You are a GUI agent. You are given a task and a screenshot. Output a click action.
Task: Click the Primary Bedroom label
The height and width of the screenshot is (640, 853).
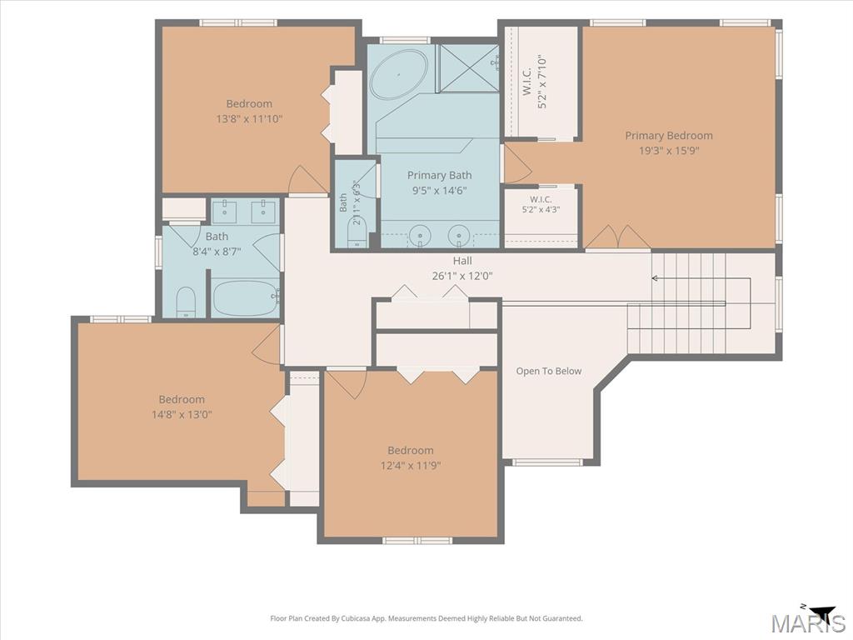[x=669, y=136]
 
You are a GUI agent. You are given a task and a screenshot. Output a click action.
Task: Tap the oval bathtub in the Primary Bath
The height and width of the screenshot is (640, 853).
[x=398, y=75]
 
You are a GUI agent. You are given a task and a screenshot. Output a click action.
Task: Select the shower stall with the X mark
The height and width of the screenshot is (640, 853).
[x=468, y=68]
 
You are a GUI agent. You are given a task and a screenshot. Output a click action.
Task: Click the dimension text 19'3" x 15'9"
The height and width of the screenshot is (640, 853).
[x=669, y=150]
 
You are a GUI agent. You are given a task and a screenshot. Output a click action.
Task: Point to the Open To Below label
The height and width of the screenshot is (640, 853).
[x=549, y=371]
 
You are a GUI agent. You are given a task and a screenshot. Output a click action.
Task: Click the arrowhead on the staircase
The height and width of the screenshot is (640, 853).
[x=655, y=278]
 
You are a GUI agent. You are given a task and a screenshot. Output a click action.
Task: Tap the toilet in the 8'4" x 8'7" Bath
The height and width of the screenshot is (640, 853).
[x=186, y=302]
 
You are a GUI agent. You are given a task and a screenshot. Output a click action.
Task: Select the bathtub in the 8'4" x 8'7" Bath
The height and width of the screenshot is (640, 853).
[x=246, y=297]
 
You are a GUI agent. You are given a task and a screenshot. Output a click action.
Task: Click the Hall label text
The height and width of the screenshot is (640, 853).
[x=462, y=261]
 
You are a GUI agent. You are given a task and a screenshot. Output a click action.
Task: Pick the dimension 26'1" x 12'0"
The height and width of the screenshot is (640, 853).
[x=462, y=276]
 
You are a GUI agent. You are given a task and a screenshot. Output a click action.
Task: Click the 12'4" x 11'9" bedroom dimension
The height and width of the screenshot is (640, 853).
[x=411, y=465]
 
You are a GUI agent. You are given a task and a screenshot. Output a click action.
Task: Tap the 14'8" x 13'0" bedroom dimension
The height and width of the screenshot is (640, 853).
[x=182, y=415]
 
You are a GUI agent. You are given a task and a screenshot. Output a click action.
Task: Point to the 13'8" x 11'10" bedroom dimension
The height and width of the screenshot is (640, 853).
[x=249, y=118]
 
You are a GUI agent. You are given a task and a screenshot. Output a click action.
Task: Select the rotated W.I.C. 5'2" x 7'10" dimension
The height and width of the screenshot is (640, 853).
[x=541, y=81]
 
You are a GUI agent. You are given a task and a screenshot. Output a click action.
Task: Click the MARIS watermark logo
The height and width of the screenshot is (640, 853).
[x=807, y=621]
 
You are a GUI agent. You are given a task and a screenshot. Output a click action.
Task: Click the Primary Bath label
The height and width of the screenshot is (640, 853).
[x=440, y=175]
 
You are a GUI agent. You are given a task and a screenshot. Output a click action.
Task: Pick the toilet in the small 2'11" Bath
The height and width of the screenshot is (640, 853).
[x=357, y=233]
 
